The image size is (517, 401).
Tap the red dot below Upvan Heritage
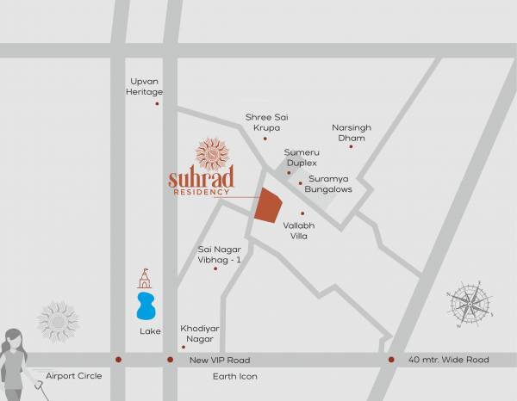click(157, 104)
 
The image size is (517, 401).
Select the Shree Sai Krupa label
click(265, 121)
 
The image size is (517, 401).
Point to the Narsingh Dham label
click(352, 132)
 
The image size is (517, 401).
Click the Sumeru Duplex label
click(302, 157)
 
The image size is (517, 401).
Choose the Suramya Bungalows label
click(328, 184)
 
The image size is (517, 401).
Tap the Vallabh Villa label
click(300, 230)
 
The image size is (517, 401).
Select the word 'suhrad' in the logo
click(200, 179)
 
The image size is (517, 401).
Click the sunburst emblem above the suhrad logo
click(212, 153)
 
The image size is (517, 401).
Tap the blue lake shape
click(146, 305)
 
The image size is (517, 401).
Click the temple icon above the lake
click(145, 278)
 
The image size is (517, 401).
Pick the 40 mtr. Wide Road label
click(448, 360)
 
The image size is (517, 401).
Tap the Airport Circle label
click(74, 376)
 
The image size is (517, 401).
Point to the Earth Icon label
click(234, 377)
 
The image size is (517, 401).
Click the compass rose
click(470, 304)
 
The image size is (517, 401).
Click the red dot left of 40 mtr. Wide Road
click(391, 360)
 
